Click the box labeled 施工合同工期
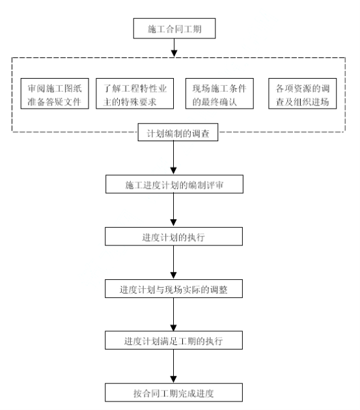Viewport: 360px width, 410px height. point(174,29)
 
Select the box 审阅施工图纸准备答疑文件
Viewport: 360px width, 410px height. point(55,94)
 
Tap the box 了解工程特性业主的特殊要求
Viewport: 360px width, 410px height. point(135,94)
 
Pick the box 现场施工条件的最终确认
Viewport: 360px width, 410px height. point(219,94)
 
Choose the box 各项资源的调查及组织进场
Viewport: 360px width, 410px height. point(303,94)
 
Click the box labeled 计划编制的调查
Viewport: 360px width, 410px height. point(178,132)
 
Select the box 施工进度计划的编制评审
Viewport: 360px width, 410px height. point(174,184)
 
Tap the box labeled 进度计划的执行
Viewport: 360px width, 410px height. point(174,236)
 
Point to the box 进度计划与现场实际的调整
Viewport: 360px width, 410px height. point(174,289)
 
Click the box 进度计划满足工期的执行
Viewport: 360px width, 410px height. point(174,340)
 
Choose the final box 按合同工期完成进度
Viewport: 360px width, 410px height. point(174,392)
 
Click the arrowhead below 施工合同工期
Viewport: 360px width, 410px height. point(174,53)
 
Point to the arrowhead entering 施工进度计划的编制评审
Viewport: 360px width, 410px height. point(173,171)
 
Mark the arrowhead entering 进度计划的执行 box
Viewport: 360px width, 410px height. point(173,223)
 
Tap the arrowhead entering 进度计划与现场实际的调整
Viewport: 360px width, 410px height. point(173,275)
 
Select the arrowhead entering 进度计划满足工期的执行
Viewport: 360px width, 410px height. point(173,327)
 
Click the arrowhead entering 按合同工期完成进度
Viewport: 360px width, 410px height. point(173,379)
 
